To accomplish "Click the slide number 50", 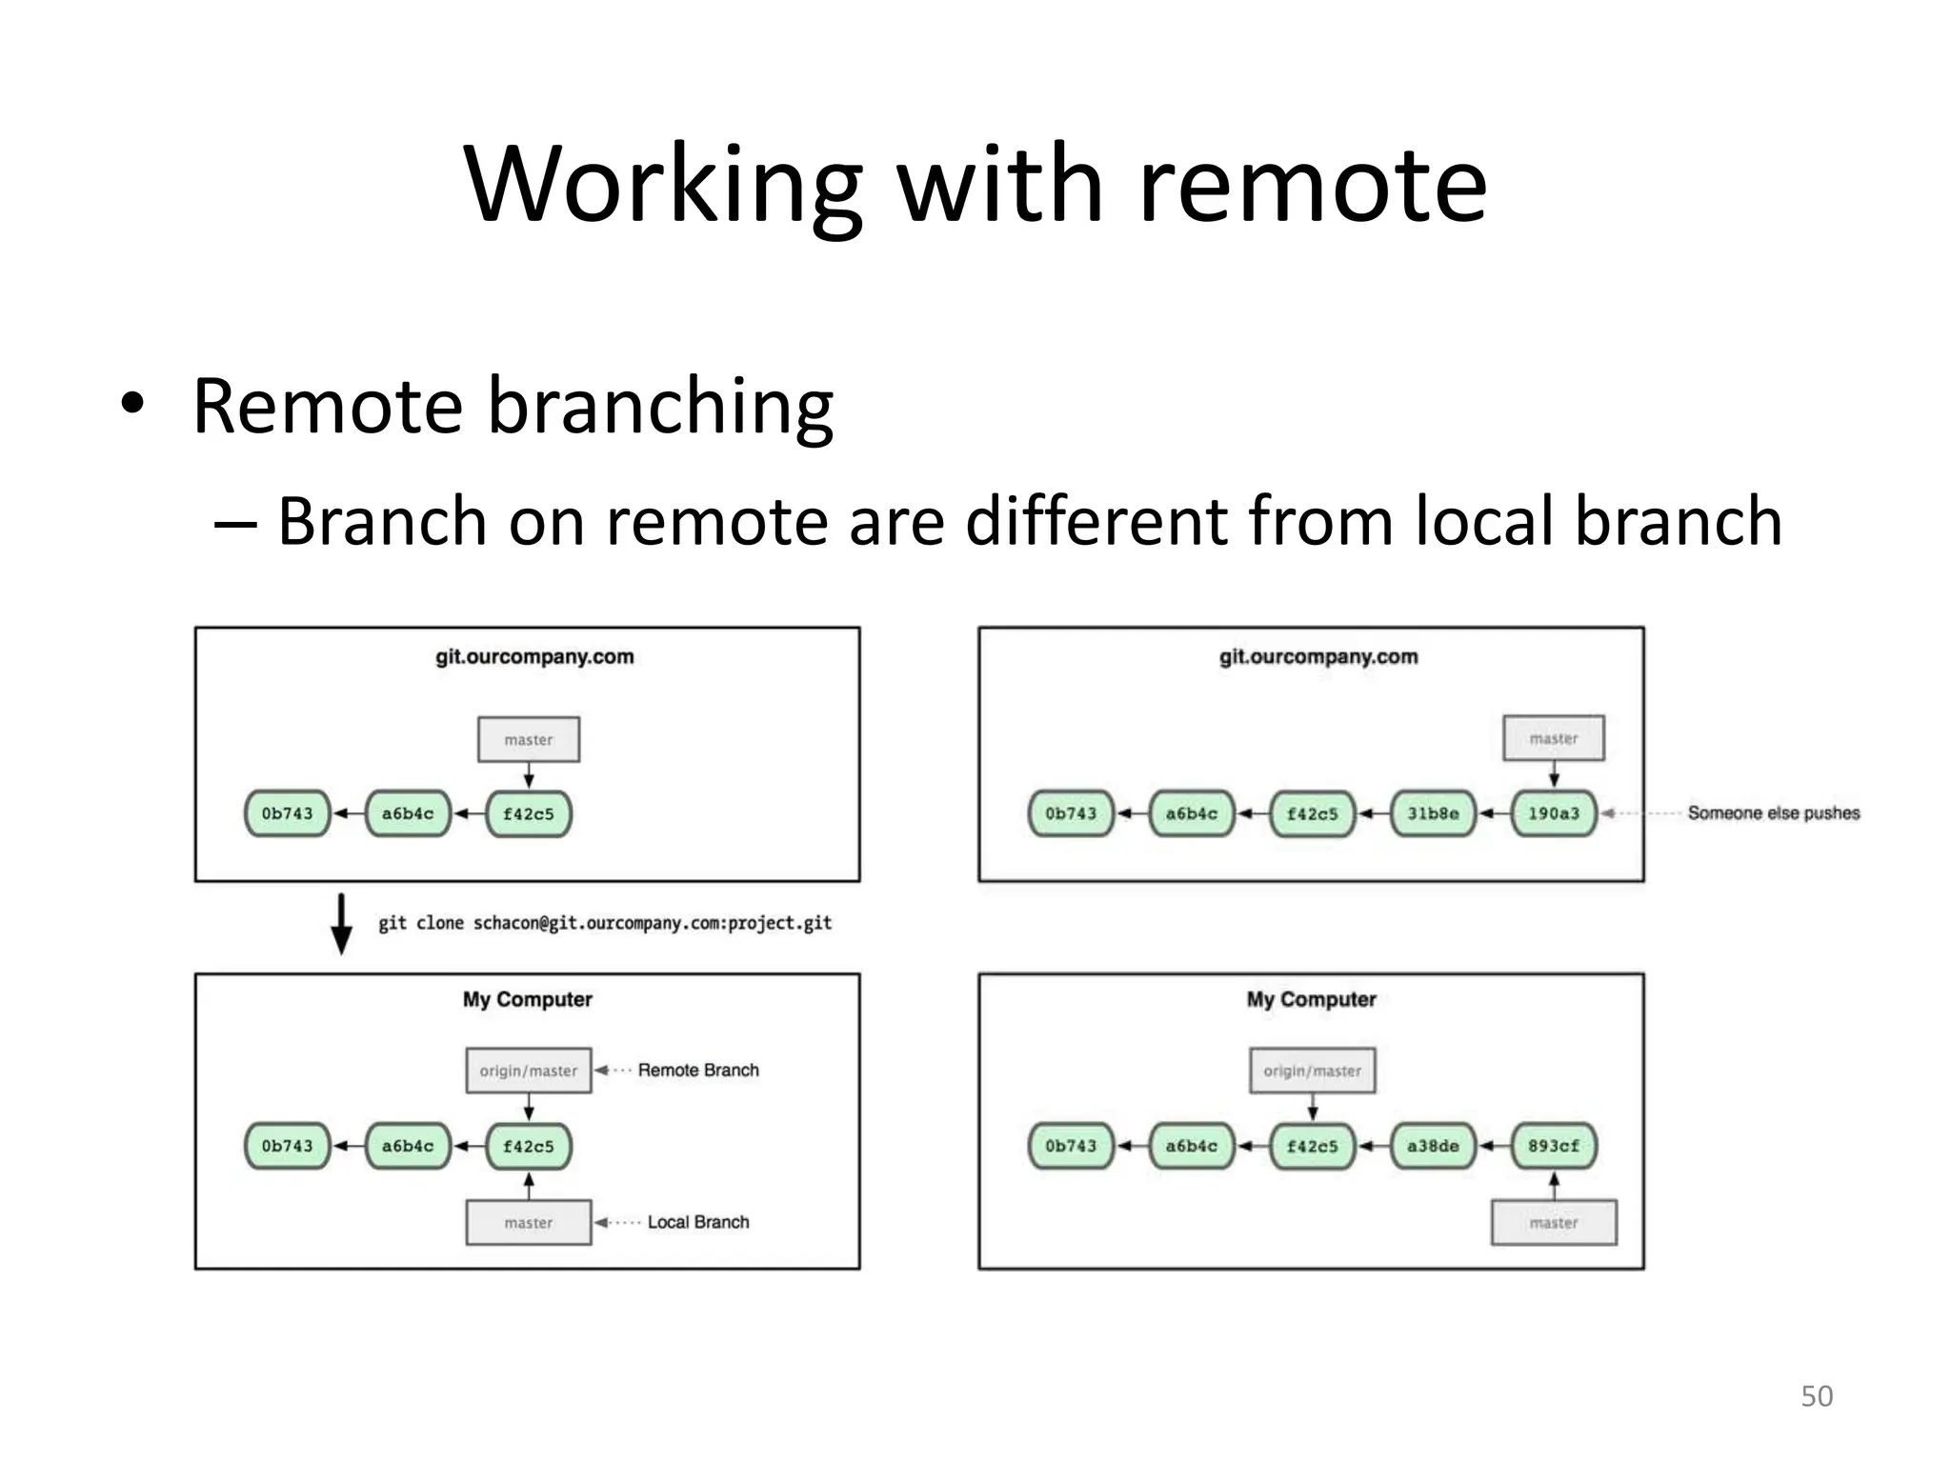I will (x=1816, y=1395).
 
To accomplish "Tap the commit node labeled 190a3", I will (x=1553, y=813).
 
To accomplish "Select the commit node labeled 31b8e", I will (x=1432, y=813).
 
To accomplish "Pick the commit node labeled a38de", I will (x=1432, y=1146).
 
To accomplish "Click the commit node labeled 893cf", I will (x=1553, y=1146).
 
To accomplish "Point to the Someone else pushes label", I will (x=1773, y=812).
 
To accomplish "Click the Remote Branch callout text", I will (x=698, y=1070).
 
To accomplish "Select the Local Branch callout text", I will (x=698, y=1222).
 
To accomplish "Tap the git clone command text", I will (x=605, y=923).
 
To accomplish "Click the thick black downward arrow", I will (x=341, y=923).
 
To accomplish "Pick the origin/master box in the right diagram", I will (x=1312, y=1071).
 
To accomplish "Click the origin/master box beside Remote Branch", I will (x=528, y=1071).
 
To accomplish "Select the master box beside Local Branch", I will (x=528, y=1222).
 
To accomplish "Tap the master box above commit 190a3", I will (x=1553, y=738).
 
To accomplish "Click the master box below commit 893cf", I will (x=1553, y=1222).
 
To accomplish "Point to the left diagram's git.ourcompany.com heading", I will (x=534, y=657).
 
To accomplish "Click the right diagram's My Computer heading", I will (x=1311, y=999).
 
